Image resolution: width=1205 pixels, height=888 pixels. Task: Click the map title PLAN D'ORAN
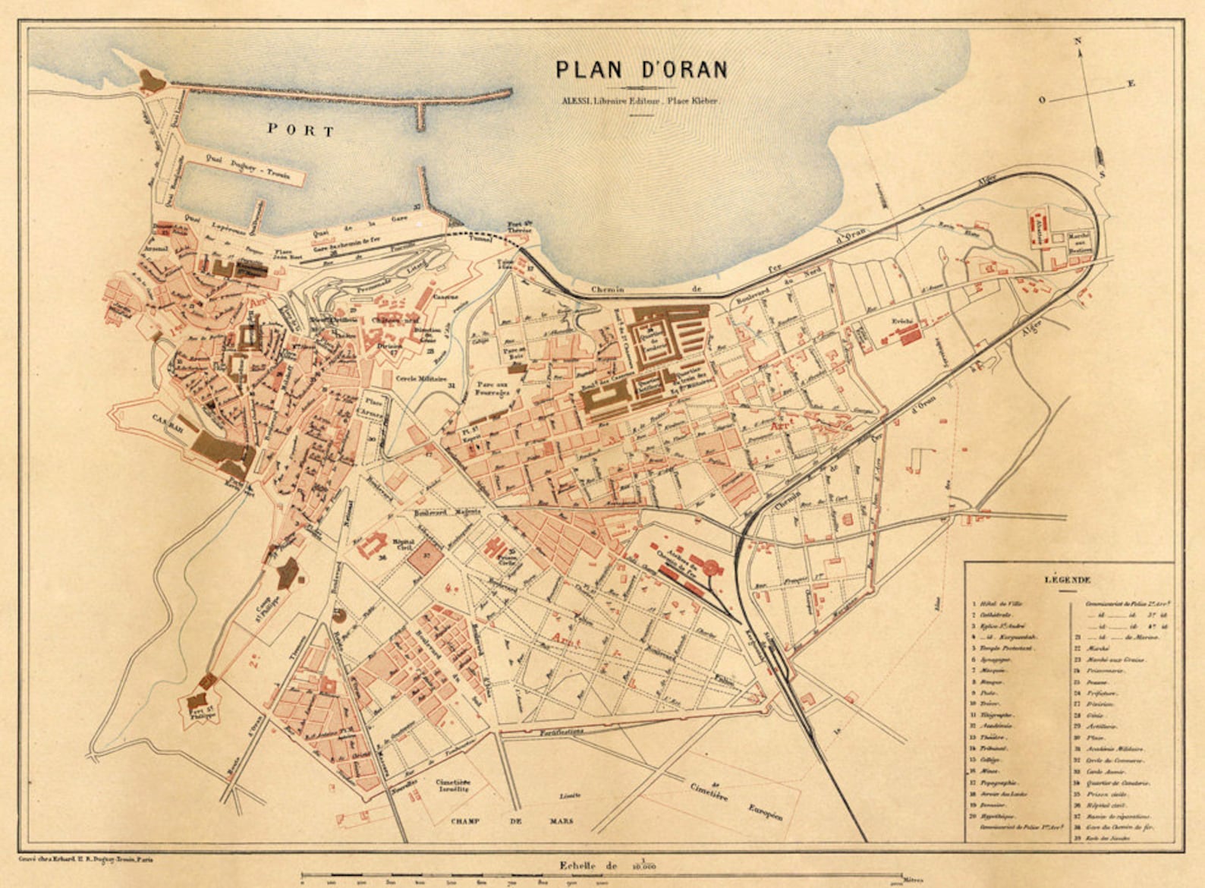[641, 70]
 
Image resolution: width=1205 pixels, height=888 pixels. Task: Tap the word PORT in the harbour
[300, 131]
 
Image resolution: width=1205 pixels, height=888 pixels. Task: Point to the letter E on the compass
[1131, 83]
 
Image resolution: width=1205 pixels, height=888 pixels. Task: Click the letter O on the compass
[1042, 99]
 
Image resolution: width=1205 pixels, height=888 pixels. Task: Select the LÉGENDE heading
[1068, 580]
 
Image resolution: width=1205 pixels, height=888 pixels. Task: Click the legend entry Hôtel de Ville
[1000, 604]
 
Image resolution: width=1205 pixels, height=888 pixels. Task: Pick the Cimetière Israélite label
[453, 786]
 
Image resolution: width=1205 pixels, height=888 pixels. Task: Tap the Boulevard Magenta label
[448, 512]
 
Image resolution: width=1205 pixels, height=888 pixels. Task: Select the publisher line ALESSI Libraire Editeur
[639, 100]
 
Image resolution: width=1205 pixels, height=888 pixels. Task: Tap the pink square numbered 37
[426, 558]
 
